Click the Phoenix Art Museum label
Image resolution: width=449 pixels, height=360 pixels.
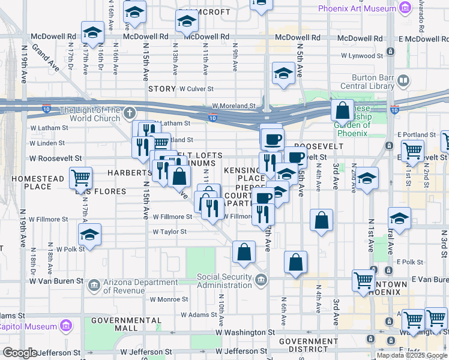pyautogui.click(x=355, y=9)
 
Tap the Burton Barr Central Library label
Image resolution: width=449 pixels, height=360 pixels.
pyautogui.click(x=366, y=81)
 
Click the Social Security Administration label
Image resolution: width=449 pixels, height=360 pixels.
pyautogui.click(x=224, y=280)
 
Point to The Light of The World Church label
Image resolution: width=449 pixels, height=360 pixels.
pyautogui.click(x=90, y=114)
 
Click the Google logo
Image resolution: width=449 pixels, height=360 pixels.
pyautogui.click(x=19, y=353)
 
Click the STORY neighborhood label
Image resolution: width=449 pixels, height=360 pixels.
pyautogui.click(x=162, y=89)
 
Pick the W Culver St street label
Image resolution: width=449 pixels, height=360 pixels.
pyautogui.click(x=197, y=89)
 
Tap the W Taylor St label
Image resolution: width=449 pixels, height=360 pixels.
pyautogui.click(x=169, y=232)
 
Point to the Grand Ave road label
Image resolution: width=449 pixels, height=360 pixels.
pyautogui.click(x=46, y=57)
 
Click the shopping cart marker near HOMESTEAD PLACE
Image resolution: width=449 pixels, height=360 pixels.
pyautogui.click(x=80, y=177)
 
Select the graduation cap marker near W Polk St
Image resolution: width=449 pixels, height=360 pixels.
pyautogui.click(x=89, y=234)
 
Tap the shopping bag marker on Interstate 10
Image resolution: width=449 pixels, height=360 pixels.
pyautogui.click(x=342, y=110)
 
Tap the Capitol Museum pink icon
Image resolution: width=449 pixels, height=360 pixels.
pyautogui.click(x=66, y=326)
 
